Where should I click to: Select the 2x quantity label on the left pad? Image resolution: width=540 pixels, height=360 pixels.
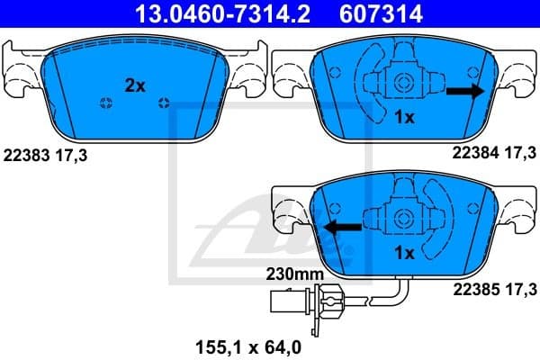coord(135,85)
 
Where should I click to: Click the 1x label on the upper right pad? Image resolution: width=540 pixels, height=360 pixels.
coord(404,117)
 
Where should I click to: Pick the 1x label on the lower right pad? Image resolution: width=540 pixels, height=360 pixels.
coord(404,254)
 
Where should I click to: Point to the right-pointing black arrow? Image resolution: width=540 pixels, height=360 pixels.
coord(464,91)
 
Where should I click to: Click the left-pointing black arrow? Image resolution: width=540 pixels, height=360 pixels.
coord(343,228)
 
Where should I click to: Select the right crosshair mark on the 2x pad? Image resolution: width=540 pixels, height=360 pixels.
coord(163,101)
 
